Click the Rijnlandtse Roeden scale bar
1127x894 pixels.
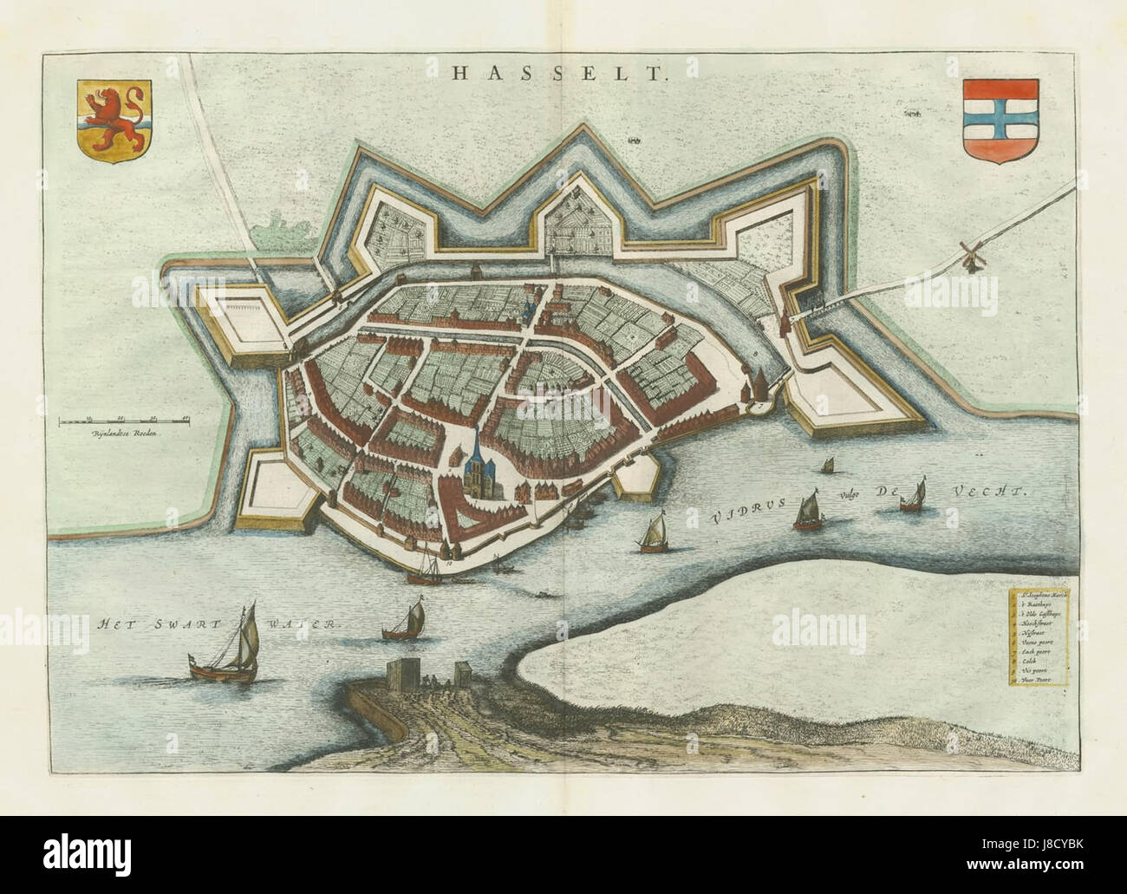pos(125,422)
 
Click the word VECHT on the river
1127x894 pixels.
pos(987,491)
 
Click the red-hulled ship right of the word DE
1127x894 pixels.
pos(913,497)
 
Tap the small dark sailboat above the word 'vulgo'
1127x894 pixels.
pos(828,467)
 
